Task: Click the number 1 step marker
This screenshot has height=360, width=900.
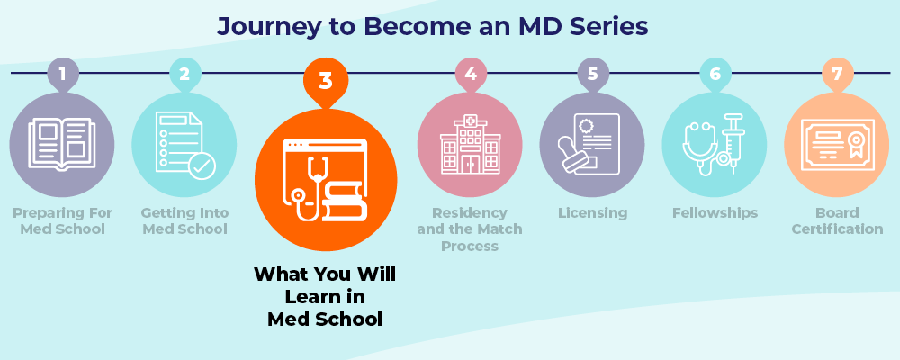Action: point(62,74)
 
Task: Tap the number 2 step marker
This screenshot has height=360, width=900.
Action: point(184,74)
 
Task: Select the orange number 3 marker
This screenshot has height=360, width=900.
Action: point(326,79)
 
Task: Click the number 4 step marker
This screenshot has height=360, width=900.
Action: point(470,74)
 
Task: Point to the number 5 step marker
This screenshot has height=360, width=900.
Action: point(592,74)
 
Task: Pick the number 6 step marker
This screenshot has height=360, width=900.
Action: point(715,74)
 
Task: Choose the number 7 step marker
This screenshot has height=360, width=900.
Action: point(837,74)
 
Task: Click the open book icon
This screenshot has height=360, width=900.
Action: point(61,144)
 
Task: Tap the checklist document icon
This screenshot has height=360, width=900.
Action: point(184,144)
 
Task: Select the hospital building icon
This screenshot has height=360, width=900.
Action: point(470,146)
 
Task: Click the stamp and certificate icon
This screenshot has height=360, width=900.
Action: point(592,144)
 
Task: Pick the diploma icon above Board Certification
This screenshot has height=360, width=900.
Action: point(837,146)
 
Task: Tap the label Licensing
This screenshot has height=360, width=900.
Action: point(592,213)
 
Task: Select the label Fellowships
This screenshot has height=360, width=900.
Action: point(715,213)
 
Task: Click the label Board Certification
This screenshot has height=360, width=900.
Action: point(837,221)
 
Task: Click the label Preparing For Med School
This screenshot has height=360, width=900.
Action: point(62,221)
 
